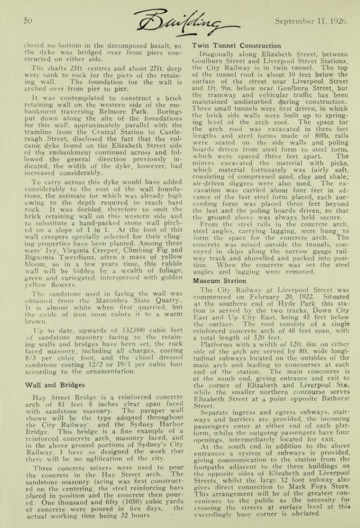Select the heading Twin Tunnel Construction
click(x=236, y=46)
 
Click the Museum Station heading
click(x=219, y=280)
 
